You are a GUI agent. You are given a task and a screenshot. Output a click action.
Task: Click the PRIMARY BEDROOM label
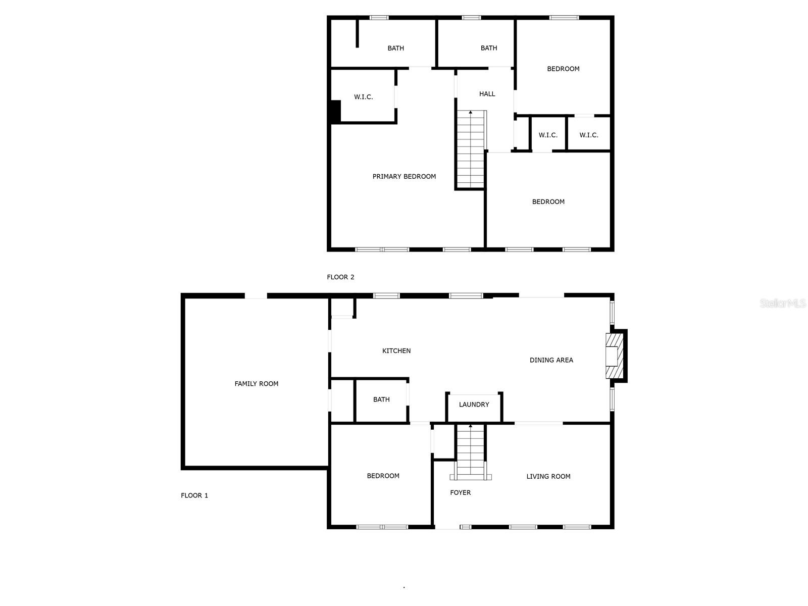[x=404, y=176]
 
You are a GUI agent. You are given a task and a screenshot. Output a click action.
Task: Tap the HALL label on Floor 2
[x=487, y=94]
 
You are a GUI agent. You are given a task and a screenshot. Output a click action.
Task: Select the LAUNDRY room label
[x=474, y=405]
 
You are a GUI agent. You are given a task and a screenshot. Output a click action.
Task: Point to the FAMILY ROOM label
[x=256, y=383]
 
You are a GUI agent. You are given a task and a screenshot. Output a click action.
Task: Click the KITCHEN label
[x=396, y=350]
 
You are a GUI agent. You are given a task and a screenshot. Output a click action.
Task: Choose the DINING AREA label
[x=551, y=360]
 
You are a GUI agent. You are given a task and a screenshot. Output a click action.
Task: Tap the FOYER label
[x=460, y=492]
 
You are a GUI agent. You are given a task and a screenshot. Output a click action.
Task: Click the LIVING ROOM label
[x=548, y=476]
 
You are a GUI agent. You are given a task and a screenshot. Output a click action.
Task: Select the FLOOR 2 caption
[x=340, y=277]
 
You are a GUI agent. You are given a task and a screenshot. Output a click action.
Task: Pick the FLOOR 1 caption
[x=194, y=495]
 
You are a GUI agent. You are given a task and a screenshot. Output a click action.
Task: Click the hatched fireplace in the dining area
[x=615, y=356]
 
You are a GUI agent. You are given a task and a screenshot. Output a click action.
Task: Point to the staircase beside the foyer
[x=471, y=452]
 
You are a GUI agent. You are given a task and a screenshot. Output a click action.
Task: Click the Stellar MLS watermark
[x=783, y=303]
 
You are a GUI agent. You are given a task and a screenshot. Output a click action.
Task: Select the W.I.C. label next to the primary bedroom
[x=363, y=97]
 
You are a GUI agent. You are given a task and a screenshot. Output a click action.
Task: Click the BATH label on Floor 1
[x=381, y=399]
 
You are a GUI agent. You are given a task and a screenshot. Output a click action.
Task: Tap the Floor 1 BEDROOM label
[x=383, y=476]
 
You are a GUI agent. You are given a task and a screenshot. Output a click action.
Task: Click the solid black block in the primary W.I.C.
[x=336, y=111]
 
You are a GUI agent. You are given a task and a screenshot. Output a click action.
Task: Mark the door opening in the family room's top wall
[x=256, y=296]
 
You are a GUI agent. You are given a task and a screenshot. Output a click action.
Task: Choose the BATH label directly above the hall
[x=488, y=48]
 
